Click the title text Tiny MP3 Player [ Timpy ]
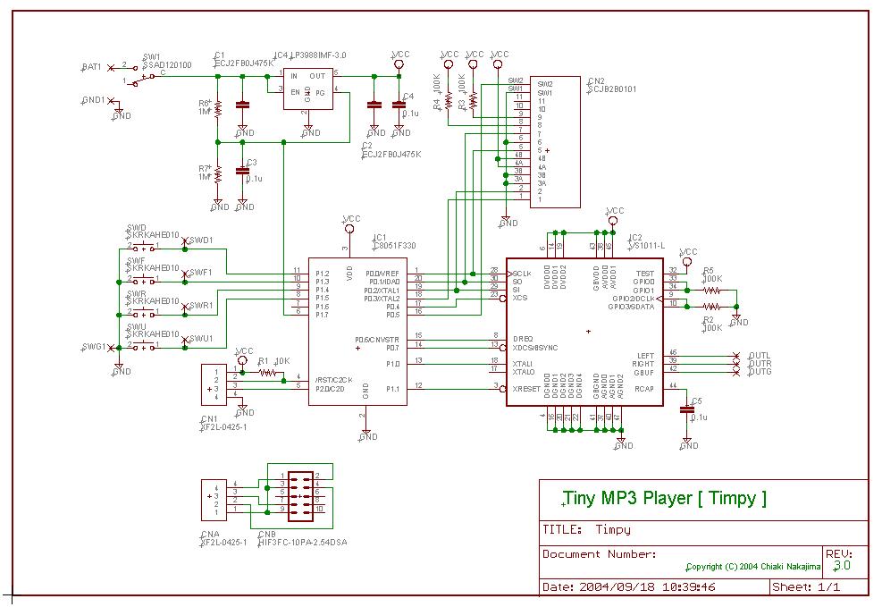tap(665, 499)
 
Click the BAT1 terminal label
tap(91, 67)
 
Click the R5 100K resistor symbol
tap(711, 291)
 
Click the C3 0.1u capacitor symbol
tap(242, 170)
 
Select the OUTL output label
tap(760, 355)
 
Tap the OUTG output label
tap(760, 371)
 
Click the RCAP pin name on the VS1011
tap(643, 389)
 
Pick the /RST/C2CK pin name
tap(334, 380)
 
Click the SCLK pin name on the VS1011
tap(523, 273)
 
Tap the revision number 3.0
tap(842, 566)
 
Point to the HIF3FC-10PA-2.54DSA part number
tap(303, 541)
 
